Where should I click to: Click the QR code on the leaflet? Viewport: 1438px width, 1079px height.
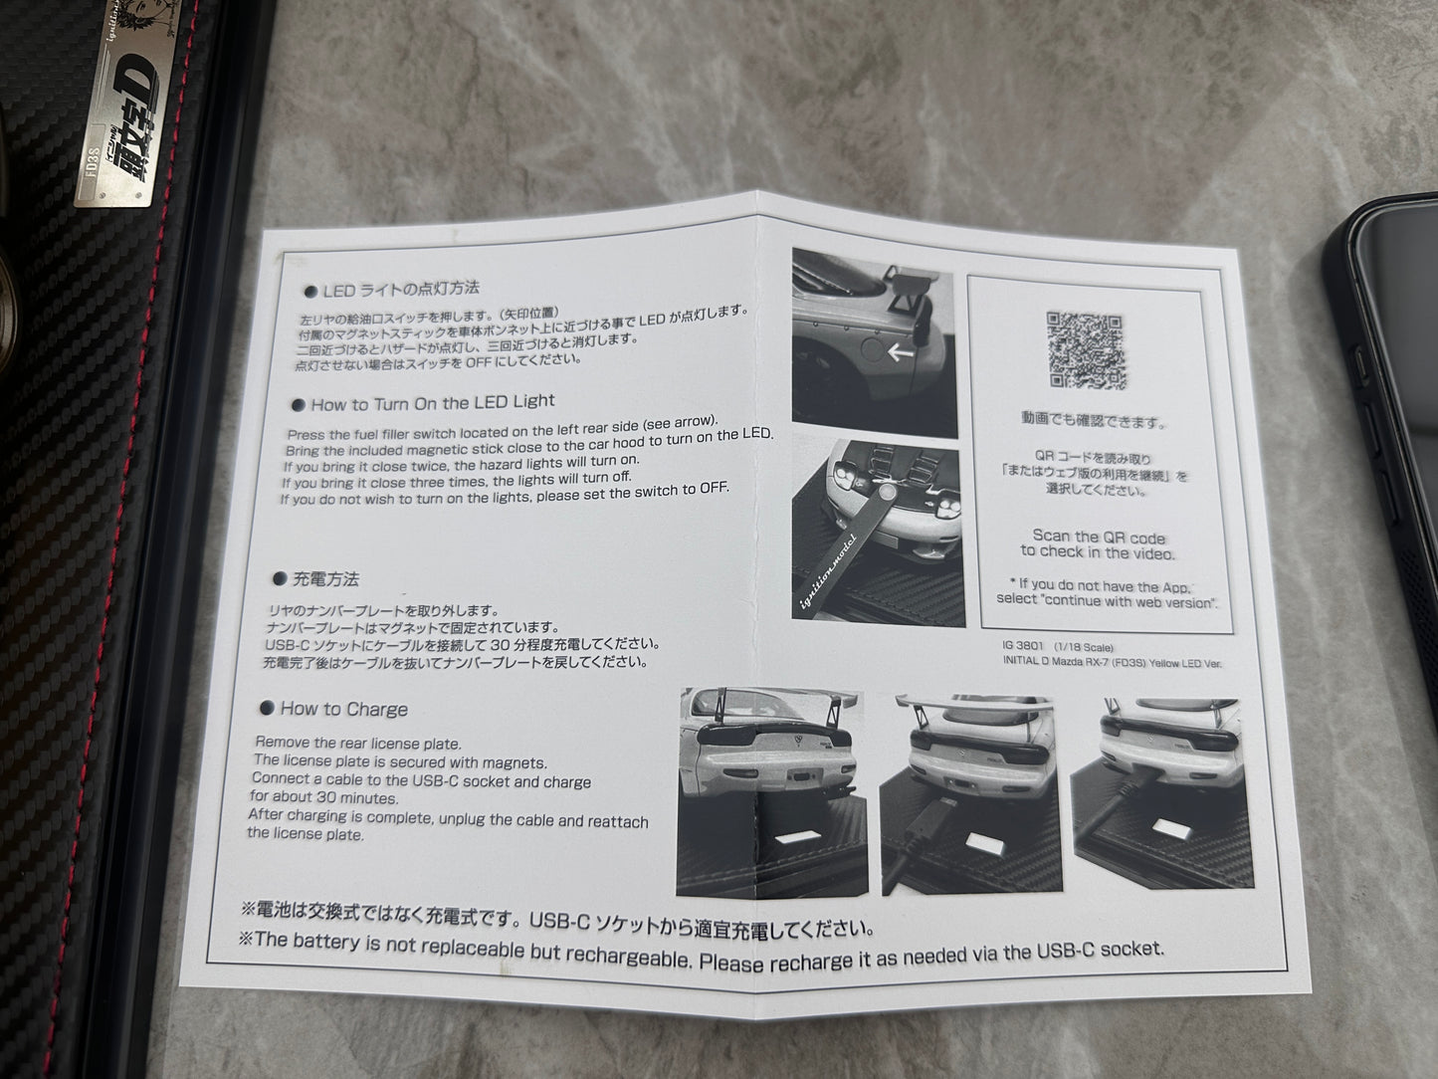click(1087, 350)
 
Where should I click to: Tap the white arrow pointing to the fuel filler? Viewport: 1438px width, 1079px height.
click(903, 350)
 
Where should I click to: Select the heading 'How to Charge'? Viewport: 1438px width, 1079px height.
click(343, 709)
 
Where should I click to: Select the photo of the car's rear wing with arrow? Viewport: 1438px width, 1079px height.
click(874, 342)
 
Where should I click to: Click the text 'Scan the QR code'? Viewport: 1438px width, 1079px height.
click(1099, 537)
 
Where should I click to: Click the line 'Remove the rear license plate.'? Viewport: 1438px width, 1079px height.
click(358, 742)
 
